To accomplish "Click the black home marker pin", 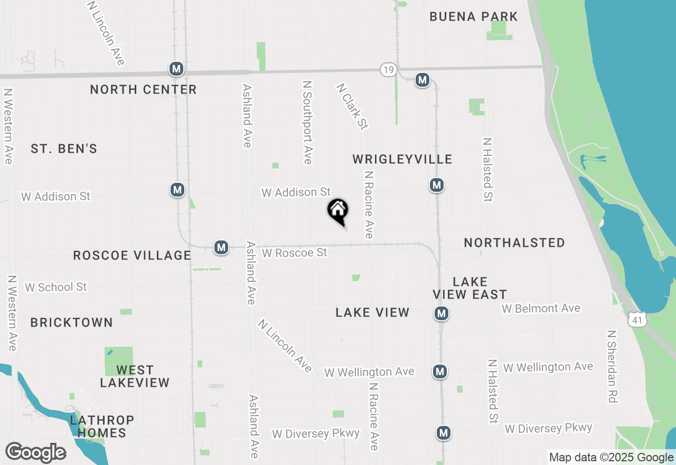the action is point(338,210).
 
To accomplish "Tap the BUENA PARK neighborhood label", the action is point(474,16).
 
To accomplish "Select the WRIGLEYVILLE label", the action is point(402,159).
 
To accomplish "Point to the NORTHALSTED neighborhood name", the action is point(514,243).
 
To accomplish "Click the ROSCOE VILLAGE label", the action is point(132,255).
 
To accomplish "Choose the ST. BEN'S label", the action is point(64,148).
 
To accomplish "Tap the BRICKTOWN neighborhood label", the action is point(72,322).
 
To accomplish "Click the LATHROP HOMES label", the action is point(102,426).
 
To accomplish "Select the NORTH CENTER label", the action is point(143,89).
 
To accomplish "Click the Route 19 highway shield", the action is point(388,69).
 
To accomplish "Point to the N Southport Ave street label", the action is point(307,122).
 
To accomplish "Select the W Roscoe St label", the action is point(295,253).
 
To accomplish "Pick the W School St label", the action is point(55,287).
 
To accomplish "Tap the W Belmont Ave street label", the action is point(541,308).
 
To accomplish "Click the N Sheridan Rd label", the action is point(612,367).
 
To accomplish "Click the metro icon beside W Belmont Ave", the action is point(442,313).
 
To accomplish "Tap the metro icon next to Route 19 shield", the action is point(422,80).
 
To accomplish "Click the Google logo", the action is point(35,453).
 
